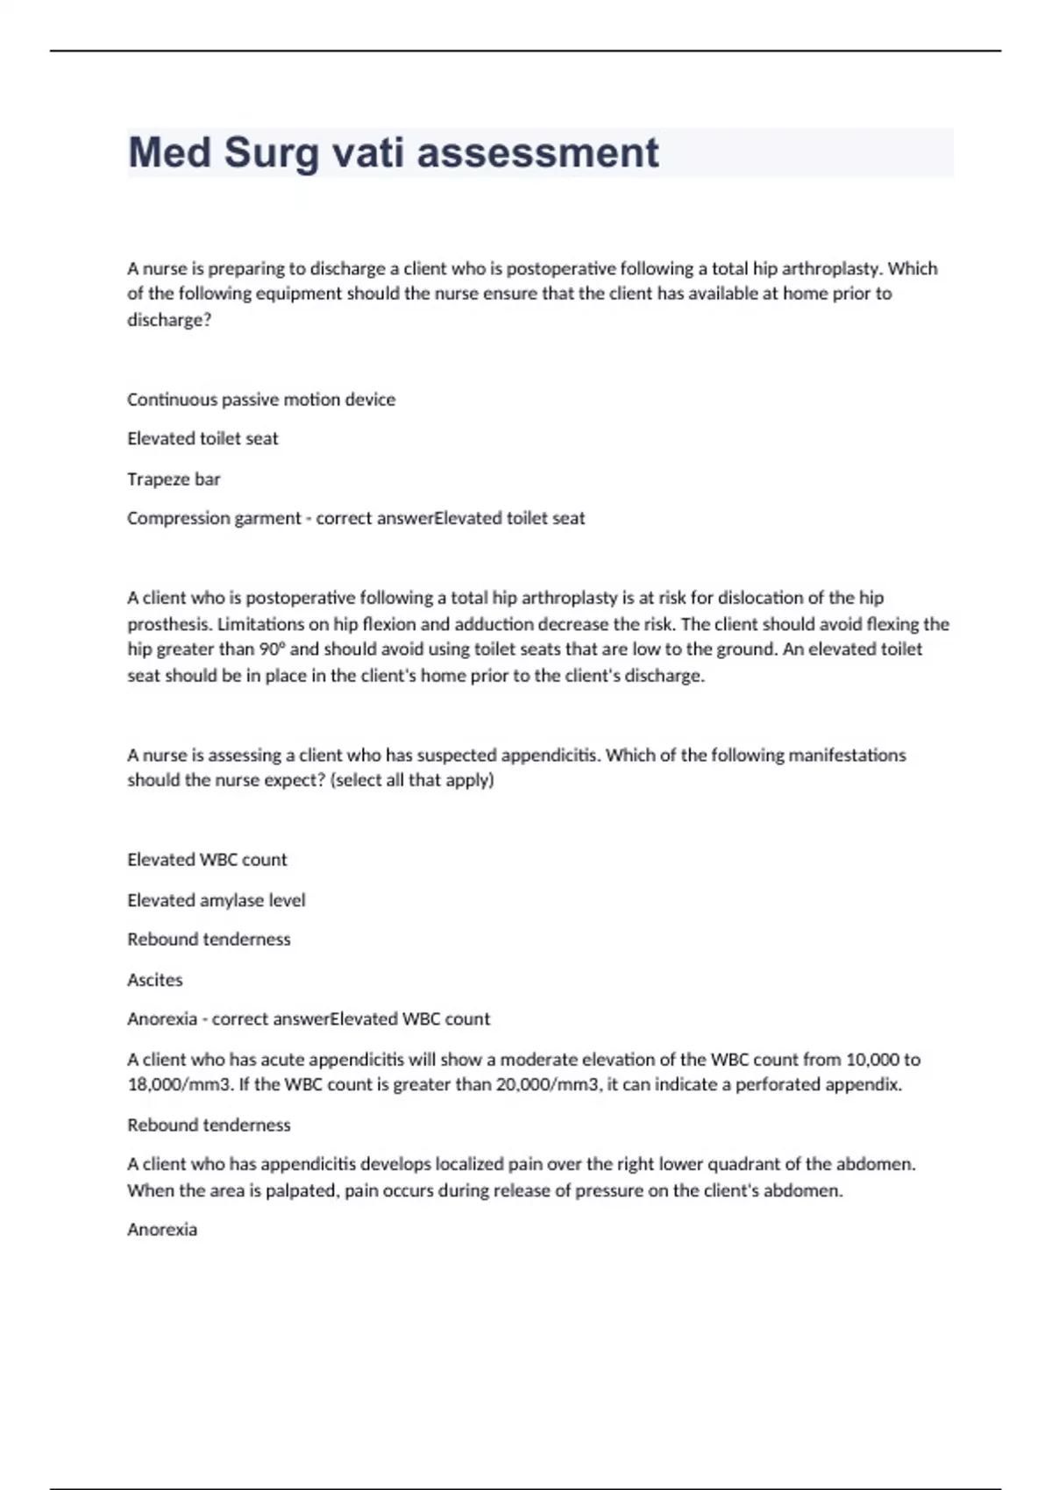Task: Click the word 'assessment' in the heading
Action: tap(537, 153)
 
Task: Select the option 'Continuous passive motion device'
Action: tap(261, 400)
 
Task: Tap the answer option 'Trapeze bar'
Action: tap(174, 479)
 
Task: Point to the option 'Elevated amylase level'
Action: tap(217, 900)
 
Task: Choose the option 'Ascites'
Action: tap(155, 980)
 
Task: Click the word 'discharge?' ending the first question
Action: tap(169, 320)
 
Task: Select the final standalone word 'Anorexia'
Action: tap(162, 1230)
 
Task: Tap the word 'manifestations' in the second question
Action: tap(847, 756)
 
